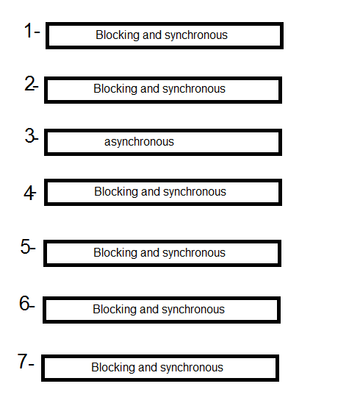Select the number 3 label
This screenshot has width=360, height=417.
pos(30,135)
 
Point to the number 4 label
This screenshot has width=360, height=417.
pos(29,193)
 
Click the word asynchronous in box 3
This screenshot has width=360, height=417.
pos(139,142)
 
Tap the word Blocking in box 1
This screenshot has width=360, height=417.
pos(118,35)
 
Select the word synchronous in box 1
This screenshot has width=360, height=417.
pos(196,35)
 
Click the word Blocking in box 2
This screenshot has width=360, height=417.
pos(115,89)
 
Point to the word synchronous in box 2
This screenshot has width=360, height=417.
pos(194,89)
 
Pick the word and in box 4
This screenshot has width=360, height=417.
pos(151,191)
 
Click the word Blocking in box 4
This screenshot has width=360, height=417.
pos(116,192)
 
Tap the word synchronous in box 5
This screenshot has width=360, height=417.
pos(194,253)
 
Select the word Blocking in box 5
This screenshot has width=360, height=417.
pos(115,253)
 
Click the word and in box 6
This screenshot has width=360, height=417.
pos(149,310)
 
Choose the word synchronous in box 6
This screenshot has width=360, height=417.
pos(193,310)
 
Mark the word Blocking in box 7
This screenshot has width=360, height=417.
pos(113,368)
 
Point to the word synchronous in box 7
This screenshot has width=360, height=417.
pos(192,368)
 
